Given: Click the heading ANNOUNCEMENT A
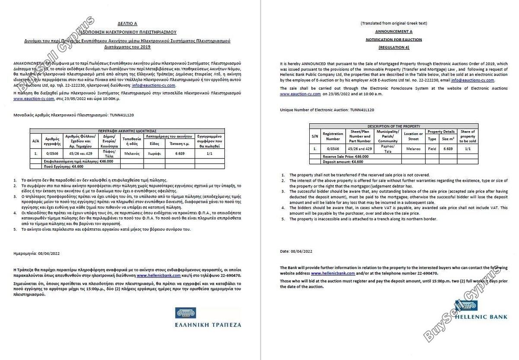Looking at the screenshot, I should click(393, 32).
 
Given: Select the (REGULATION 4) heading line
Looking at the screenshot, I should click(393, 47).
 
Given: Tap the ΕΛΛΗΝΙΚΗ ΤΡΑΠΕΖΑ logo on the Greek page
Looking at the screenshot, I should click(208, 318).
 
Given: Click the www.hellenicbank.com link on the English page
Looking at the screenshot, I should click(333, 273).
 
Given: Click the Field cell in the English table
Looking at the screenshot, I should click(432, 148).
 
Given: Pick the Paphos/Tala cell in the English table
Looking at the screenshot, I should click(388, 148).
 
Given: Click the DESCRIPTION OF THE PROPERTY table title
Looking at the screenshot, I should click(393, 126).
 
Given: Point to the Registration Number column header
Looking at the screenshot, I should click(333, 136).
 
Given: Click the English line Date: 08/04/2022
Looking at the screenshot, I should click(296, 251).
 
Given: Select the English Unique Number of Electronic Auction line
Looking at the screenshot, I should click(327, 110).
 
